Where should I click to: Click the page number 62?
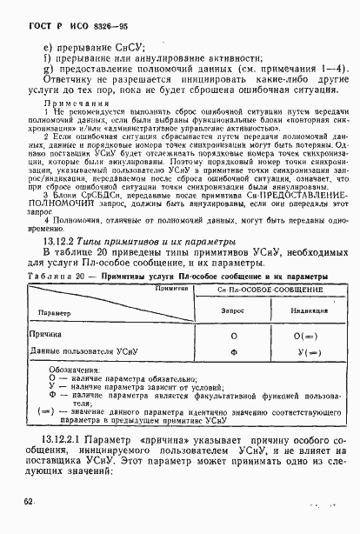pos(30,524)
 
